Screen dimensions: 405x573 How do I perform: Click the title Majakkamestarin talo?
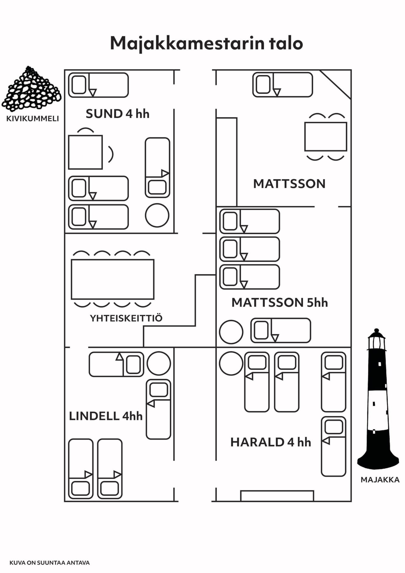[x=207, y=44]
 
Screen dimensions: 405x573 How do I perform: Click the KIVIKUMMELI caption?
[x=33, y=118]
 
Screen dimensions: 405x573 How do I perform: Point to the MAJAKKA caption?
[x=380, y=480]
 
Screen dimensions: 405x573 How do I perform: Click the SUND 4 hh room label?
[x=117, y=114]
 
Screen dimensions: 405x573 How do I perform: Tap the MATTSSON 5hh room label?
[x=280, y=302]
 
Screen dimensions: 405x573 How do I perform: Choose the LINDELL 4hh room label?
[x=106, y=416]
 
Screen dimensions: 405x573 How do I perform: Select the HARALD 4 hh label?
[x=270, y=442]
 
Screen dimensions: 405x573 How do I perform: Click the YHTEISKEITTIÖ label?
[x=126, y=318]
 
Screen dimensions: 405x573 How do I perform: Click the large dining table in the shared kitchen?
[x=113, y=279]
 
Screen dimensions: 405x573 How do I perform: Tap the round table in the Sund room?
[x=157, y=215]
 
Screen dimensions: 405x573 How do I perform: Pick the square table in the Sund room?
[x=85, y=152]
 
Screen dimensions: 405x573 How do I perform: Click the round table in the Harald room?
[x=231, y=363]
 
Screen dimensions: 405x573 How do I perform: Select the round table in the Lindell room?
[x=159, y=363]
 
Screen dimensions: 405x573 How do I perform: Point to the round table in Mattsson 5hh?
[x=231, y=332]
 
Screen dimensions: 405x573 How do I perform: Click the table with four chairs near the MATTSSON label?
[x=326, y=136]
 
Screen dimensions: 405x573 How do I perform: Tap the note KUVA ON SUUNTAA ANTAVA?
[x=50, y=563]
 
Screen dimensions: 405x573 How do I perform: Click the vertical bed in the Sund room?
[x=158, y=167]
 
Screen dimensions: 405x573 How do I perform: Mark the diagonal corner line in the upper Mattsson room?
[x=335, y=84]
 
